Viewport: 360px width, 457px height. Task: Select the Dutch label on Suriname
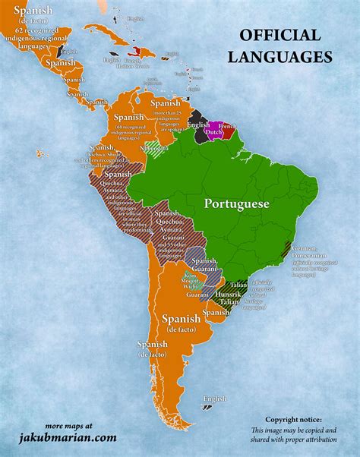[x=214, y=132]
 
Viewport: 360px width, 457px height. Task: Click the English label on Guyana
[x=198, y=124]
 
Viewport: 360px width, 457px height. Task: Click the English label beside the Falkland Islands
[x=216, y=398]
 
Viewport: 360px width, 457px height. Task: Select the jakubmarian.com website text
[x=68, y=437]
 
